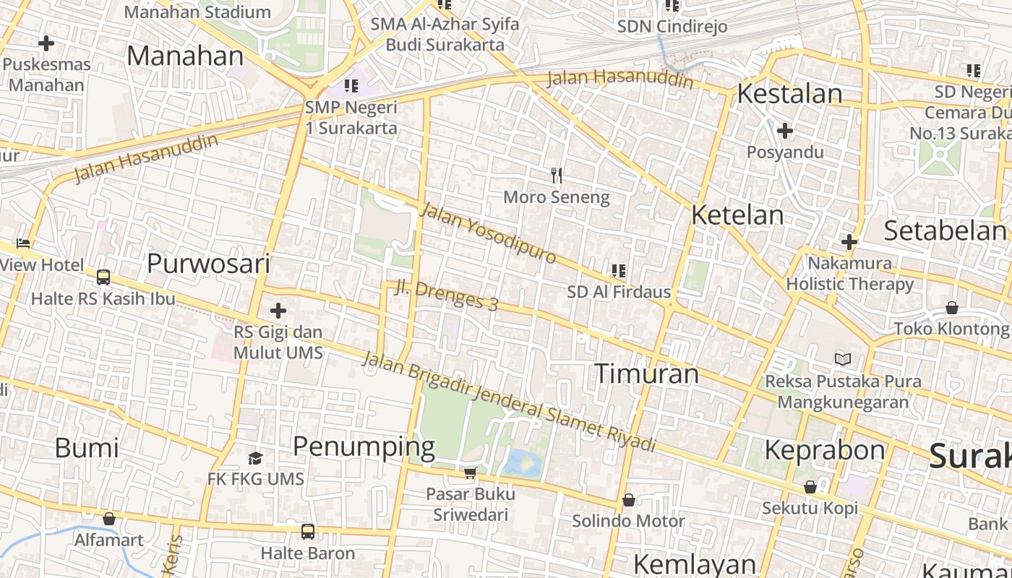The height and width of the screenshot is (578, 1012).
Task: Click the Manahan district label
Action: point(185,56)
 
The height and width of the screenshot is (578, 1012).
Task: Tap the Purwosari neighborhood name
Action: point(208,264)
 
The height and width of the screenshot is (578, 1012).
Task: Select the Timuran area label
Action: point(646,374)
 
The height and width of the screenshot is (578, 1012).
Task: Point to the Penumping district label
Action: point(364,447)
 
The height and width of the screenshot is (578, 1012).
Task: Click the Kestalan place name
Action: point(789,94)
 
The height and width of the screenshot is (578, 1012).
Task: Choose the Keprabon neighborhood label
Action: point(824,450)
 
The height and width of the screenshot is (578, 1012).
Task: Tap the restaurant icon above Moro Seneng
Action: point(557,175)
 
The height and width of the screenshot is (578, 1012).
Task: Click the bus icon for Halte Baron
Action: point(308,532)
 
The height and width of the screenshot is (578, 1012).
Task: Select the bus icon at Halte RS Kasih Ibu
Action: point(103,277)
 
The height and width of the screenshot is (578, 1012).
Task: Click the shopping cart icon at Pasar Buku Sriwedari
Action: point(471,473)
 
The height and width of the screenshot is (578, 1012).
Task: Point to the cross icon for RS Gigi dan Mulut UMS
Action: point(278,311)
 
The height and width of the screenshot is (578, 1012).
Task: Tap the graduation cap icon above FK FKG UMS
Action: point(255,458)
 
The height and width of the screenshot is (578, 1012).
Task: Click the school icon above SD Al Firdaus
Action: point(619,271)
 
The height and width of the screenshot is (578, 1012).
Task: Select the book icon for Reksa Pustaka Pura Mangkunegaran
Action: point(843,359)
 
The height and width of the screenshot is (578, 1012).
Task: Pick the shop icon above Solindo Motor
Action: point(629,500)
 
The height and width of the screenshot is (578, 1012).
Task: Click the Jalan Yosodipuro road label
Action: point(488,233)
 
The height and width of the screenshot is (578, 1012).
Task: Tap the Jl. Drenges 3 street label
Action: point(447,295)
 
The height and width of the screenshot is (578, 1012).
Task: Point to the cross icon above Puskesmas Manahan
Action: point(46,43)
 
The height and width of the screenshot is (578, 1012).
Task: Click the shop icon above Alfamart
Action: point(109,519)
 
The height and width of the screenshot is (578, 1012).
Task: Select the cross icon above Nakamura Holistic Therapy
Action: point(849,242)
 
